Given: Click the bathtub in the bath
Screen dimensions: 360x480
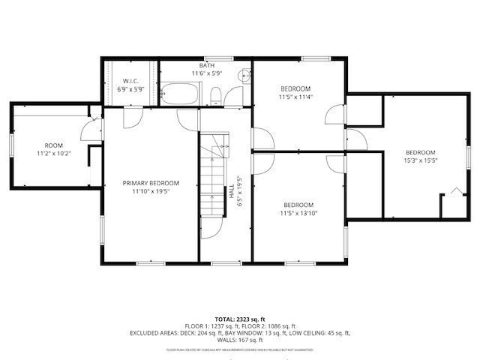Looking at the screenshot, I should pos(181,94).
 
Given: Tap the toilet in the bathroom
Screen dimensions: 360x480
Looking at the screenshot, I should pos(215,95).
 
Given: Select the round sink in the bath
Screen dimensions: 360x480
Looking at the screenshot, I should pos(244,75).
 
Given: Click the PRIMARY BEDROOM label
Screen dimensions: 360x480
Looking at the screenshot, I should pos(151,183).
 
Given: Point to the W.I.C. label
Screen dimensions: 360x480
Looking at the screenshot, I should pos(130,80).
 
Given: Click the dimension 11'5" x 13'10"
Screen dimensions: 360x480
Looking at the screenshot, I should pos(298,214).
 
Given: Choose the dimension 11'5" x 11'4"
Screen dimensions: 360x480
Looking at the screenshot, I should pos(295,97).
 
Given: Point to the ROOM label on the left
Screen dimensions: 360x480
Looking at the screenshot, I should pos(53,145).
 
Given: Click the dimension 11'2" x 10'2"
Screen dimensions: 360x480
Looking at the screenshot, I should pos(53,154).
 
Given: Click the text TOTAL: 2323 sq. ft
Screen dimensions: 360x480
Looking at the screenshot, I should pos(240,319).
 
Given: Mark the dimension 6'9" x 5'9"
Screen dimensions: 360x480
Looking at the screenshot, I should pos(130,88).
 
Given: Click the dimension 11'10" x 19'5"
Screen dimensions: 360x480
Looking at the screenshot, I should pos(151,191).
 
